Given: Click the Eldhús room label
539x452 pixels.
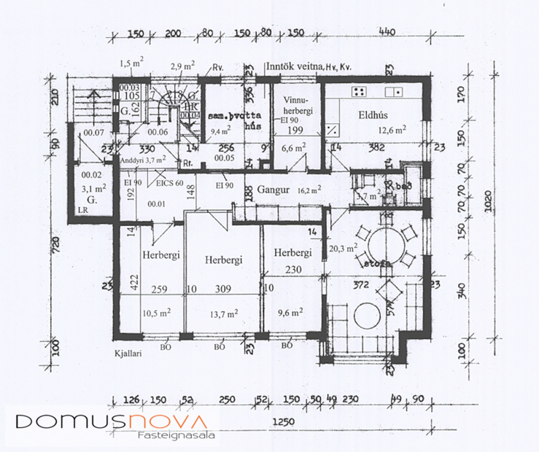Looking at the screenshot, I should pyautogui.click(x=371, y=115).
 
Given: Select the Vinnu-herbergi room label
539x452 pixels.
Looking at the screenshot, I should pyautogui.click(x=295, y=106).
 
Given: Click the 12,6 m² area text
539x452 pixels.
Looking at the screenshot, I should pyautogui.click(x=392, y=131).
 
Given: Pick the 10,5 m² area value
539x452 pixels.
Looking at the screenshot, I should pyautogui.click(x=156, y=313).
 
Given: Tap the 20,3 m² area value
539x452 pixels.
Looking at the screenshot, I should pyautogui.click(x=343, y=248).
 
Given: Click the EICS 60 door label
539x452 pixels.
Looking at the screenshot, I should pyautogui.click(x=169, y=183).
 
